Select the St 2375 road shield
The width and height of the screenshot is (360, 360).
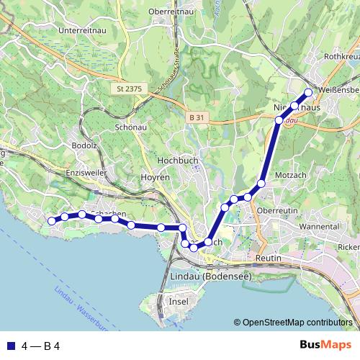(x=129, y=89)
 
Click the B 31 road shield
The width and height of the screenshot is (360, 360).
(x=197, y=117)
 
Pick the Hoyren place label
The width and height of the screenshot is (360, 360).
(x=156, y=176)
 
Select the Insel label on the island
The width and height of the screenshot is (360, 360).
(x=178, y=301)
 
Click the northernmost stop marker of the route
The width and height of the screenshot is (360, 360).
(x=308, y=92)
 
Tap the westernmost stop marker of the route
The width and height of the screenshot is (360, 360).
(x=50, y=221)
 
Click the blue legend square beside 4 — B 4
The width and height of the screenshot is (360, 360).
(x=9, y=346)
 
